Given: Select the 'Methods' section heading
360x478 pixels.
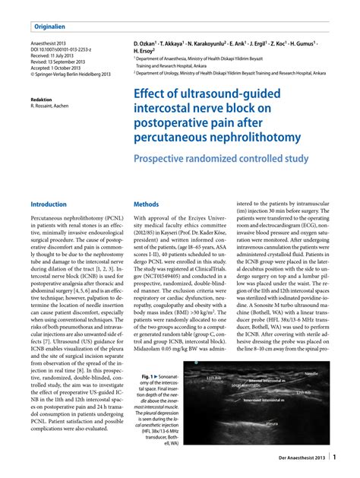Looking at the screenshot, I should pyautogui.click(x=146, y=205).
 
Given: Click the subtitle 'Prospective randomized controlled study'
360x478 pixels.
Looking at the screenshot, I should pyautogui.click(x=221, y=160).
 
